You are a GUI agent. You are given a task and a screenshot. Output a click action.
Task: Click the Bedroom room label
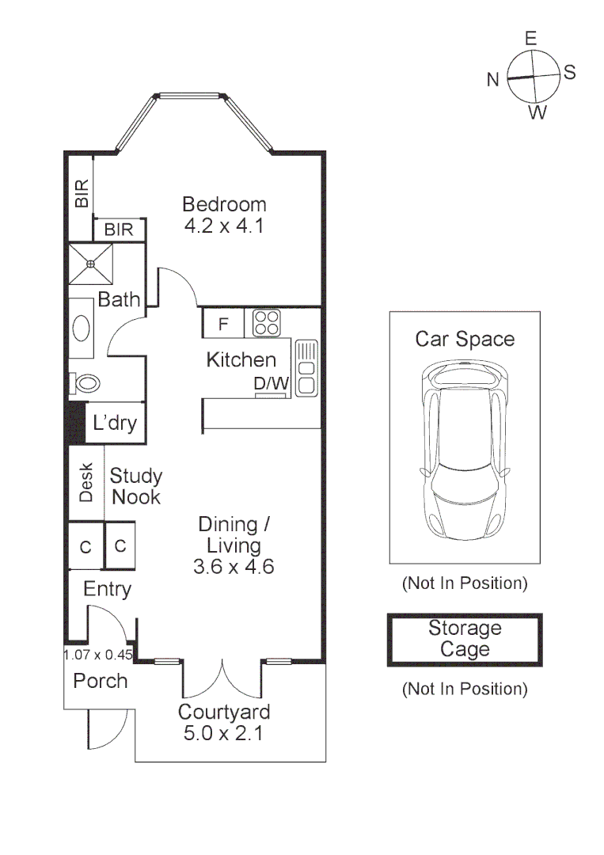pyautogui.click(x=224, y=204)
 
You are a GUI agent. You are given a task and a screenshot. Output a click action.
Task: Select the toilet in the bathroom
pyautogui.click(x=85, y=384)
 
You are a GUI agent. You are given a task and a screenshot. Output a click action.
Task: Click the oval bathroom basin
pyautogui.click(x=82, y=328)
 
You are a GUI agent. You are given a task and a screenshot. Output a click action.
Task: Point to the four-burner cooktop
pyautogui.click(x=267, y=323)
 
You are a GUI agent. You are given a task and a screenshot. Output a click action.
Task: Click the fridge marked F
pyautogui.click(x=223, y=324)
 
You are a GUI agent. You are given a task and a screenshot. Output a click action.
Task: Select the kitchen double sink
pyautogui.click(x=306, y=367)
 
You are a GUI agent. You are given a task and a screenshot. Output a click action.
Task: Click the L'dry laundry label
pyautogui.click(x=115, y=423)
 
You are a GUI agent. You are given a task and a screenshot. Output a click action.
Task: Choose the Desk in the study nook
pyautogui.click(x=86, y=482)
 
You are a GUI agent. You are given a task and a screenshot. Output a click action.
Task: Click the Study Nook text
pyautogui.click(x=135, y=486)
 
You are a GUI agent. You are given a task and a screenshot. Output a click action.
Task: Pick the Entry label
pyautogui.click(x=107, y=589)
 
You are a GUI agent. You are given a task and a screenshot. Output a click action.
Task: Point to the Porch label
pyautogui.click(x=101, y=681)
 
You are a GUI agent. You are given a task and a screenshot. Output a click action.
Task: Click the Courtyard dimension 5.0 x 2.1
pyautogui.click(x=223, y=733)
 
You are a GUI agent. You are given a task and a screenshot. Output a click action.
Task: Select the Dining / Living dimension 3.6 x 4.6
pyautogui.click(x=233, y=567)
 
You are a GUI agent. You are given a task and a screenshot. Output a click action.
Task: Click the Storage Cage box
pyautogui.click(x=465, y=640)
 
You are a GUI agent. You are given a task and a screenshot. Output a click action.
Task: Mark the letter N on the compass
pyautogui.click(x=492, y=79)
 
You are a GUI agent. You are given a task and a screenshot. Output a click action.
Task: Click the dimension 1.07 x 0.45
pyautogui.click(x=97, y=655)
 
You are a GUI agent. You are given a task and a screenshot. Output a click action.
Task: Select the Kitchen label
pyautogui.click(x=241, y=360)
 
